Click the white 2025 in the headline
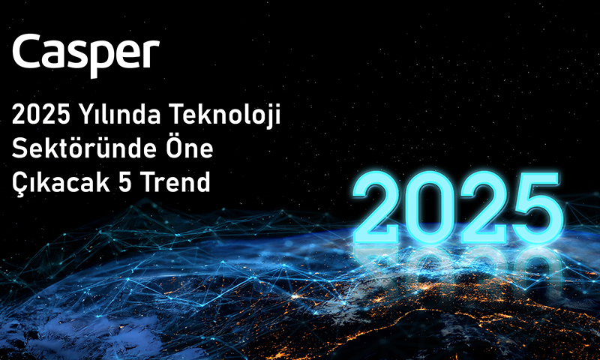click(41, 114)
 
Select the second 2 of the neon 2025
click(484, 207)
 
